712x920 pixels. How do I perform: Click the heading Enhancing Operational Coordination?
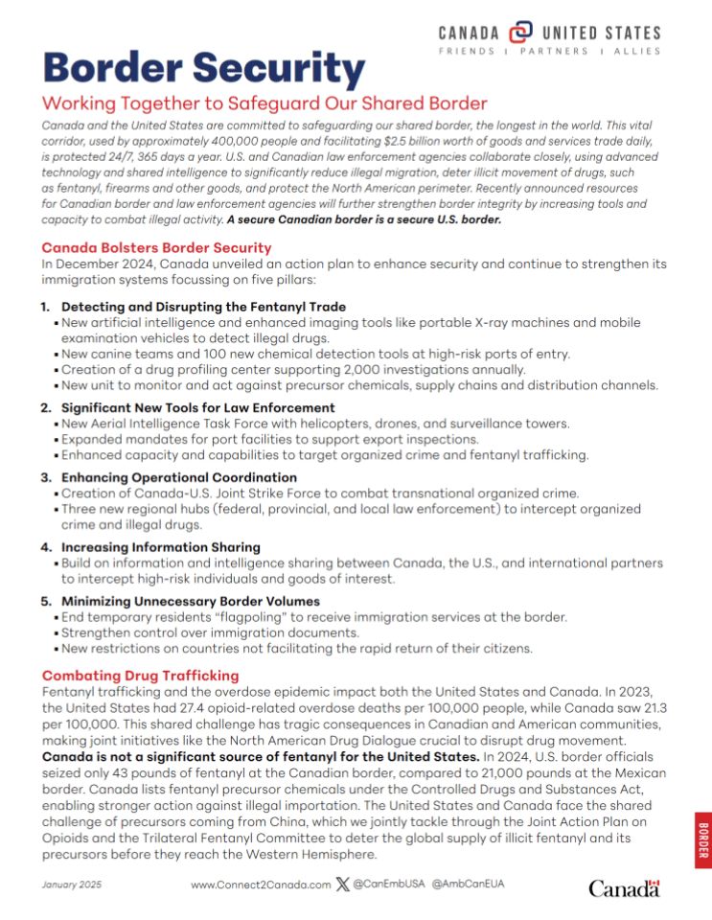[x=179, y=477]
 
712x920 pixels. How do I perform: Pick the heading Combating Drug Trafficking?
[x=140, y=676]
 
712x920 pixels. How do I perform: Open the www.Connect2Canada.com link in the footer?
[x=261, y=885]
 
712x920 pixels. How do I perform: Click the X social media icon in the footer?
[x=343, y=884]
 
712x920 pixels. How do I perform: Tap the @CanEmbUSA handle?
[x=389, y=884]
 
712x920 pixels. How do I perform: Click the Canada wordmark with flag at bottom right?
[x=624, y=888]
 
